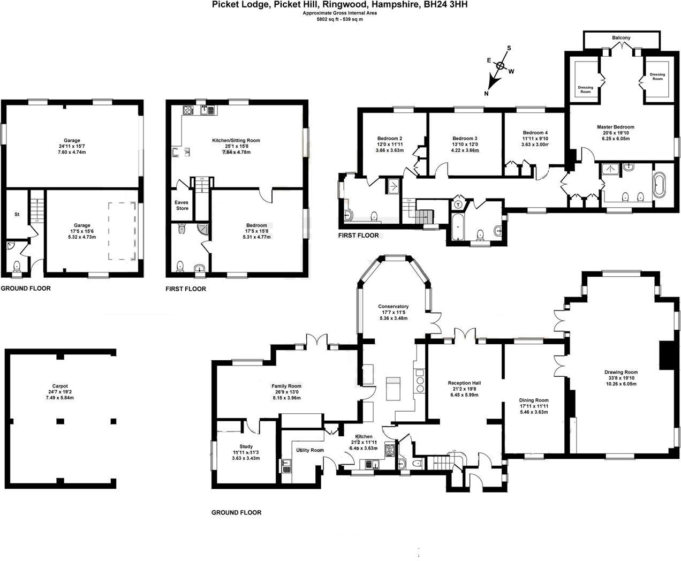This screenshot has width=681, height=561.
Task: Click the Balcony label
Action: pos(621,38)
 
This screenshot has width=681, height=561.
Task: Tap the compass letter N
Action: pos(486,94)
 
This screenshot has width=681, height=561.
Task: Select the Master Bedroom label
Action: pos(616,127)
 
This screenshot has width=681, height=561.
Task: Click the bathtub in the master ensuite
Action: pos(660,185)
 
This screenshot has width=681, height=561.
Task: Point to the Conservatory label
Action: pos(393,306)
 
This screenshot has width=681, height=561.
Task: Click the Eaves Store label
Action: pos(181,205)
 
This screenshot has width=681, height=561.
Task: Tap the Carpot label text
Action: pos(60,386)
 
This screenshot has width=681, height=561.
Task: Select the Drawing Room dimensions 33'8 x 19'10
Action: pos(621,378)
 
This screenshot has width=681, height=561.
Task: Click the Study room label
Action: pos(246,446)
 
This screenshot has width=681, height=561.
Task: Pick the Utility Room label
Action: pos(310,450)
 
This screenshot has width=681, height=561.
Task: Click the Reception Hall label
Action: pos(464,383)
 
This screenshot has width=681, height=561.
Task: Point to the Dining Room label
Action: pos(534,400)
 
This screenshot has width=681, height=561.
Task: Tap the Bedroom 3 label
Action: pos(465,138)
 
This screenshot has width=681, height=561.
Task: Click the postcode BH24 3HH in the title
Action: pos(445,4)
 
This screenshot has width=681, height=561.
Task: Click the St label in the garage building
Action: pos(17,214)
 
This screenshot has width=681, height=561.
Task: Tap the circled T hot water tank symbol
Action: pos(459,205)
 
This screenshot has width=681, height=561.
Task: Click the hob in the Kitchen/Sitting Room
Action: pos(188,110)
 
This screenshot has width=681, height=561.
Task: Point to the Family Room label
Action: pos(286,386)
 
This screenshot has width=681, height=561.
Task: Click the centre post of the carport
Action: pos(60,421)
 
